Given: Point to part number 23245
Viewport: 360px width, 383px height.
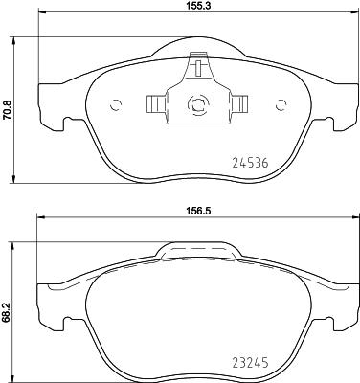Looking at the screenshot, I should click(251, 363).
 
